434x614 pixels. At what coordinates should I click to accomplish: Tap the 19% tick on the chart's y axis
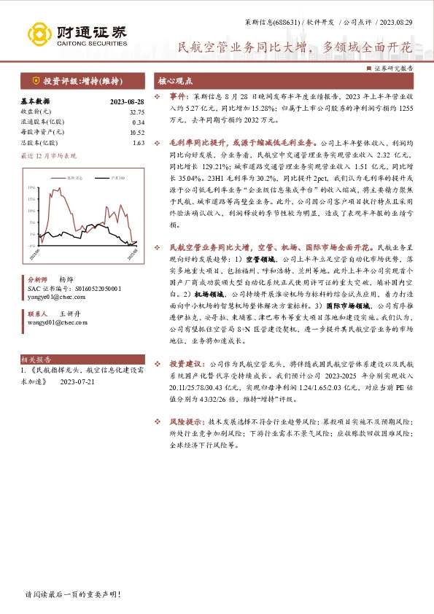pos(31,187)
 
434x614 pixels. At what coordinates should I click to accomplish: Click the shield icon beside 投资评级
pos(36,80)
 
